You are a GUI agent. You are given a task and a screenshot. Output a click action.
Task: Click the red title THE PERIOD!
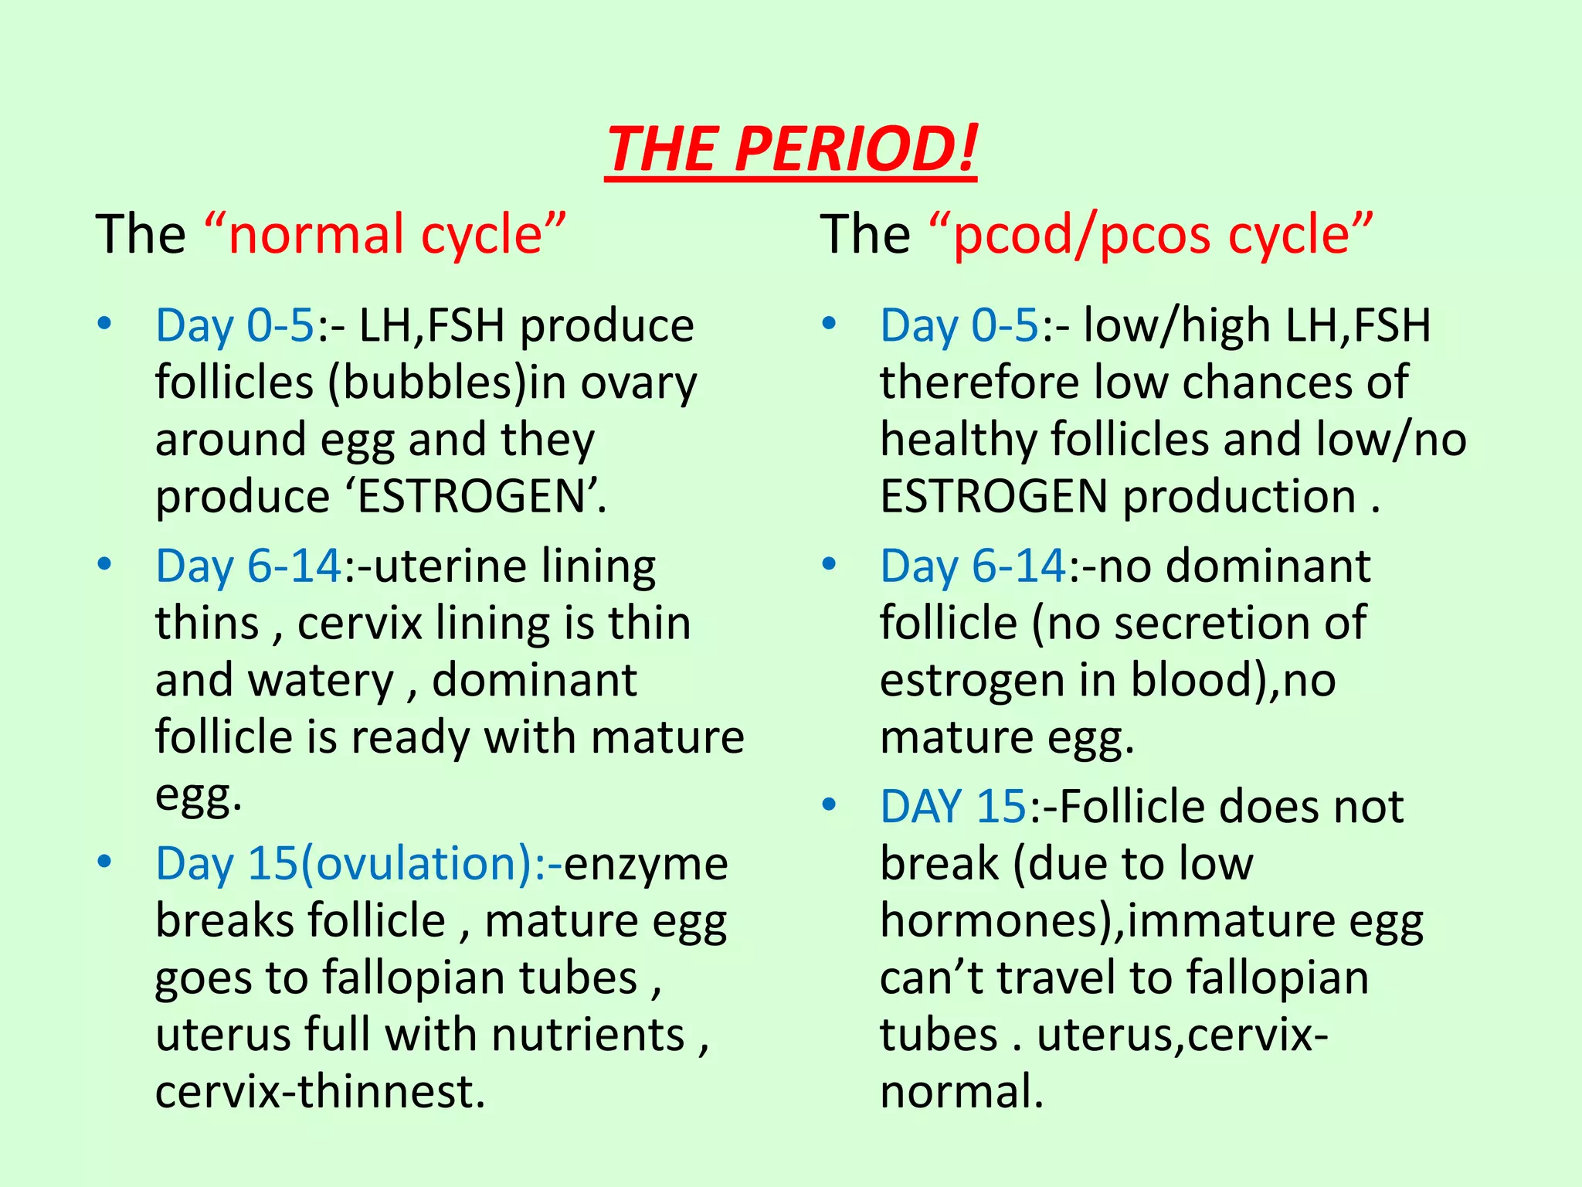pyautogui.click(x=791, y=148)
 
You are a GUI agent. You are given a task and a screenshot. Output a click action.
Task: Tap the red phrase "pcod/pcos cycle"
pyautogui.click(x=1151, y=234)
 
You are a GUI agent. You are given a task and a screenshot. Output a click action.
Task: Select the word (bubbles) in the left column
pyautogui.click(x=427, y=383)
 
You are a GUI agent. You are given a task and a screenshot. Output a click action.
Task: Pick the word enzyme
pyautogui.click(x=646, y=864)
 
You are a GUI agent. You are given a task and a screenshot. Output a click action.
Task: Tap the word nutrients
pyautogui.click(x=588, y=1035)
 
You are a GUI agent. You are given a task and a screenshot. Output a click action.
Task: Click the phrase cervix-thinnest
pyautogui.click(x=320, y=1092)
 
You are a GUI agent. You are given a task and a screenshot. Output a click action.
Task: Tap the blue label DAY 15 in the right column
pyautogui.click(x=952, y=808)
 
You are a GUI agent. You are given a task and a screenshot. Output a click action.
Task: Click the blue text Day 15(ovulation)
pyautogui.click(x=345, y=864)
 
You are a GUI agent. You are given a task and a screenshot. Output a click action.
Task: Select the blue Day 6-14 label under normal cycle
pyautogui.click(x=248, y=566)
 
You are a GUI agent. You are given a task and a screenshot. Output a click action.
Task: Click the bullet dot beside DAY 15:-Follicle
pyautogui.click(x=829, y=805)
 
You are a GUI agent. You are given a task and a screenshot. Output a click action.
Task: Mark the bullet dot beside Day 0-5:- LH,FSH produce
pyautogui.click(x=104, y=323)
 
